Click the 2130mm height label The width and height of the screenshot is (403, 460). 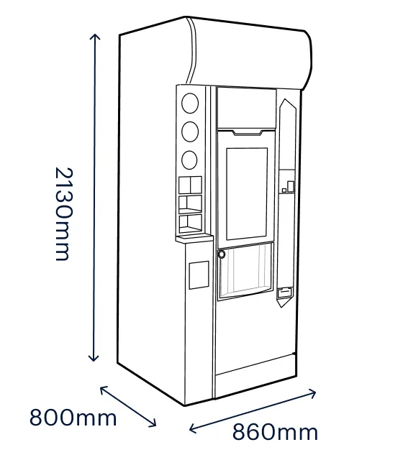[x=63, y=214]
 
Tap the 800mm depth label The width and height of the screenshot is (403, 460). [x=73, y=418]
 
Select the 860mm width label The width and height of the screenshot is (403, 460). [x=275, y=432]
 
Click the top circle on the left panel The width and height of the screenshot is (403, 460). [x=190, y=103]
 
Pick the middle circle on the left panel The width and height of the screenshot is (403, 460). [x=190, y=132]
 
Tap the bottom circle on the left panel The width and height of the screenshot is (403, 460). [x=189, y=160]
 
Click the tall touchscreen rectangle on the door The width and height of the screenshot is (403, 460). [x=247, y=194]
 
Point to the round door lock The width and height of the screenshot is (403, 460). [x=222, y=254]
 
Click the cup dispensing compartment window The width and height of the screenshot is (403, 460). [x=246, y=271]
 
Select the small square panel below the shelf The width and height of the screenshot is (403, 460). [x=199, y=275]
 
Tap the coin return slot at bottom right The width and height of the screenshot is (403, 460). [x=285, y=293]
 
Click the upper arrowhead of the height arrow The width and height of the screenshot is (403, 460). [x=94, y=37]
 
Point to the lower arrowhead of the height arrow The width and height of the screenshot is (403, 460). [x=94, y=358]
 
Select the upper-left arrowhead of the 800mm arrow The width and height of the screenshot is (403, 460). [x=104, y=390]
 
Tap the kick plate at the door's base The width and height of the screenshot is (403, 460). [x=255, y=365]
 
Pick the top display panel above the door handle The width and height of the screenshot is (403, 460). [x=246, y=108]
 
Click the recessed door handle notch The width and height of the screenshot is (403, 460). [x=248, y=132]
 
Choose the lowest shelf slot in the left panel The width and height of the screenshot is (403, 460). [x=190, y=224]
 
